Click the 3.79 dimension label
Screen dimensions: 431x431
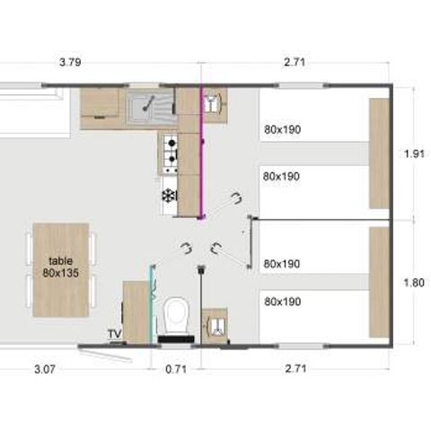coord(70,63)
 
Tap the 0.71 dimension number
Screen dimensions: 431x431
coord(176,368)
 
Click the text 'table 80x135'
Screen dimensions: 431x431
coord(61,266)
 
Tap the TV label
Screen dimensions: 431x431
coord(114,334)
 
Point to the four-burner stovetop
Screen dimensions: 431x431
coord(168,154)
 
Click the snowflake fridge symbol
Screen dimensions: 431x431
coord(167,196)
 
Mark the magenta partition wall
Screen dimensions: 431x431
coord(201,153)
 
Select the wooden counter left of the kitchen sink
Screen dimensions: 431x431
coord(101,108)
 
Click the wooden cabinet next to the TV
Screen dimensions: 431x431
coord(135,312)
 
